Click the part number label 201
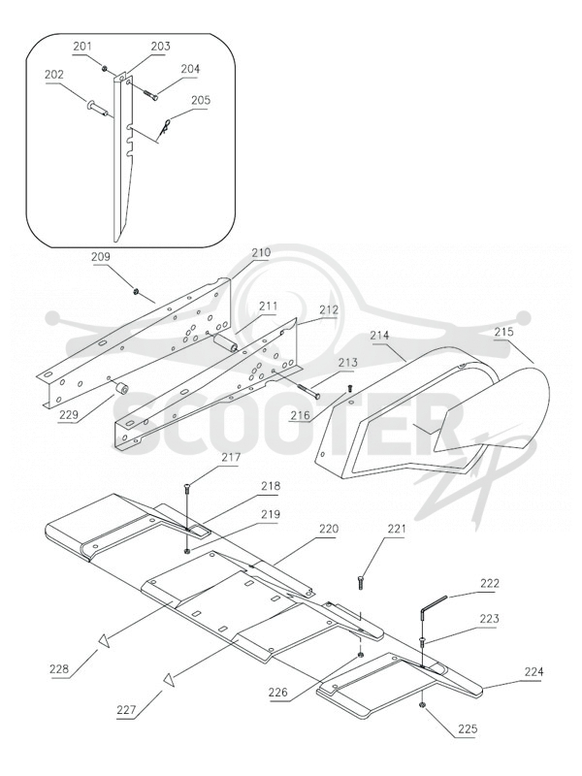click(82, 47)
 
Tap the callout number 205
click(201, 100)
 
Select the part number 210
click(261, 252)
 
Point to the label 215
click(503, 332)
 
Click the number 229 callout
click(68, 414)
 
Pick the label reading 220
click(329, 529)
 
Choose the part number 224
click(534, 671)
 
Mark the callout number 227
click(127, 710)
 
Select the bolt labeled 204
click(150, 93)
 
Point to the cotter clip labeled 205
click(166, 126)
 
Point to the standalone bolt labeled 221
click(360, 582)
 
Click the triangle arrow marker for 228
click(105, 640)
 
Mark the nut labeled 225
click(422, 705)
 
